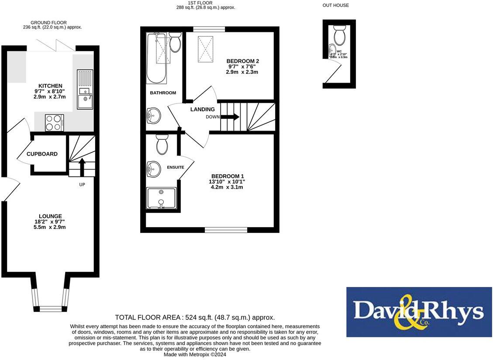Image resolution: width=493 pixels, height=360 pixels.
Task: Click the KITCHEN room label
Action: [x=50, y=86]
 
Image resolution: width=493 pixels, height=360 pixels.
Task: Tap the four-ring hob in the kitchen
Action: [x=55, y=122]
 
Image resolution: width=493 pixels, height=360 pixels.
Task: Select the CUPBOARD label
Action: [x=42, y=154]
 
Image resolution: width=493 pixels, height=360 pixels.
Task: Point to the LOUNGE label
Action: [x=50, y=216]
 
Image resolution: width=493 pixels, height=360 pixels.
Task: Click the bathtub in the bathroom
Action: [x=156, y=59]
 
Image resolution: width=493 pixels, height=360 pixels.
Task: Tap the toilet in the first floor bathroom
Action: [x=176, y=42]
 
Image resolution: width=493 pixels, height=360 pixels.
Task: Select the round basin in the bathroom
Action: [x=153, y=116]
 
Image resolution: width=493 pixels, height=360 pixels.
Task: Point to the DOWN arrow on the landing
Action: [x=230, y=117]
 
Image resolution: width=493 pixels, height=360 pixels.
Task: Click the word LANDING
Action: [x=203, y=109]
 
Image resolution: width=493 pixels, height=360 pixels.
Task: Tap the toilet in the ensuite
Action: [x=162, y=145]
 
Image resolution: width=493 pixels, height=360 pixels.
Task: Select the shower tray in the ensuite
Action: [x=161, y=198]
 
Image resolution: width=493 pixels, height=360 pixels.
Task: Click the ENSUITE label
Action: [x=176, y=167]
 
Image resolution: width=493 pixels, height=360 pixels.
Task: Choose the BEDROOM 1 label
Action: [x=228, y=176]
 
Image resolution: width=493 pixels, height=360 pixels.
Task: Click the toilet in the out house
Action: [x=339, y=33]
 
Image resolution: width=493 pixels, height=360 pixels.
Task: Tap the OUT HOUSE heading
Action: [x=336, y=5]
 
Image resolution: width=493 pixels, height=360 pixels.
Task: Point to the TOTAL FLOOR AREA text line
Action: [x=195, y=318]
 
